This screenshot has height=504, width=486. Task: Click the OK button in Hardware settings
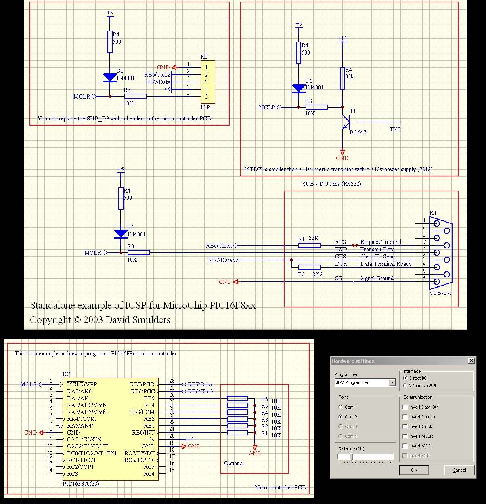(414, 470)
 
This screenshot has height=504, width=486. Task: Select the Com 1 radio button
(341, 407)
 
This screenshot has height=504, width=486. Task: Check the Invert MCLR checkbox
(405, 436)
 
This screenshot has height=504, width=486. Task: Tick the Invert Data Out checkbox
(405, 407)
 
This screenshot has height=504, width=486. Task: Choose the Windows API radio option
(405, 386)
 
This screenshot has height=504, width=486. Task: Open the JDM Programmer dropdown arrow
(392, 382)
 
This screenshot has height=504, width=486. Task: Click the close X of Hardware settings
(471, 361)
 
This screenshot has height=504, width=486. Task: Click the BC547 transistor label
(358, 132)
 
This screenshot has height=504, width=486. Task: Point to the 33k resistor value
(349, 76)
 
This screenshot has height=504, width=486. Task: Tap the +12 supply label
(342, 39)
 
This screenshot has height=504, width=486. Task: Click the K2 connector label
(204, 57)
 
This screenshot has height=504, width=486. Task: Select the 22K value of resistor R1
(314, 238)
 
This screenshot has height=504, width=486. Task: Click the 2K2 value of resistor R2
(317, 274)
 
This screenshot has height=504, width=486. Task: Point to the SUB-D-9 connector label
(441, 293)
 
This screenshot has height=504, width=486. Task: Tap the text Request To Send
(381, 242)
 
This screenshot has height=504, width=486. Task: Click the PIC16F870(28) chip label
(81, 483)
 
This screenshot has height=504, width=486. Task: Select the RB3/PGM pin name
(142, 412)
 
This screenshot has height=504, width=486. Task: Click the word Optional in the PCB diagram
(234, 463)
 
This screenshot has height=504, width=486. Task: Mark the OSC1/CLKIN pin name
(84, 439)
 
